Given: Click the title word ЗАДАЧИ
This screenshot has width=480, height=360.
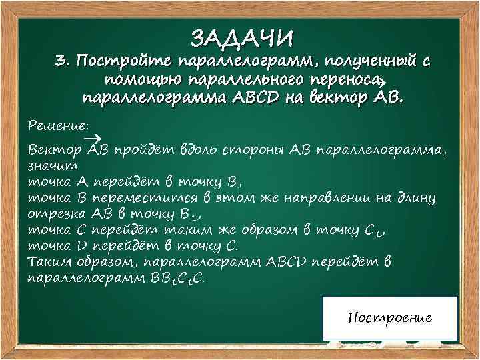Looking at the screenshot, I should pyautogui.click(x=242, y=37).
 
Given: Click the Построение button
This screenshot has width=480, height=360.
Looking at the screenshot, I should pyautogui.click(x=390, y=317).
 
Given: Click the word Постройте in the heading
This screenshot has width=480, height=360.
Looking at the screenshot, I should pyautogui.click(x=124, y=62).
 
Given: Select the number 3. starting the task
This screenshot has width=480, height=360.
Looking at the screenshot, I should pyautogui.click(x=63, y=62).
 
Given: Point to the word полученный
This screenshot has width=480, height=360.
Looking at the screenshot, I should pyautogui.click(x=363, y=62).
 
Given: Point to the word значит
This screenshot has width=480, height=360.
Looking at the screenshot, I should pyautogui.click(x=53, y=164).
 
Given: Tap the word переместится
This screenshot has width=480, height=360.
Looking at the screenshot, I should pyautogui.click(x=147, y=197).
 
